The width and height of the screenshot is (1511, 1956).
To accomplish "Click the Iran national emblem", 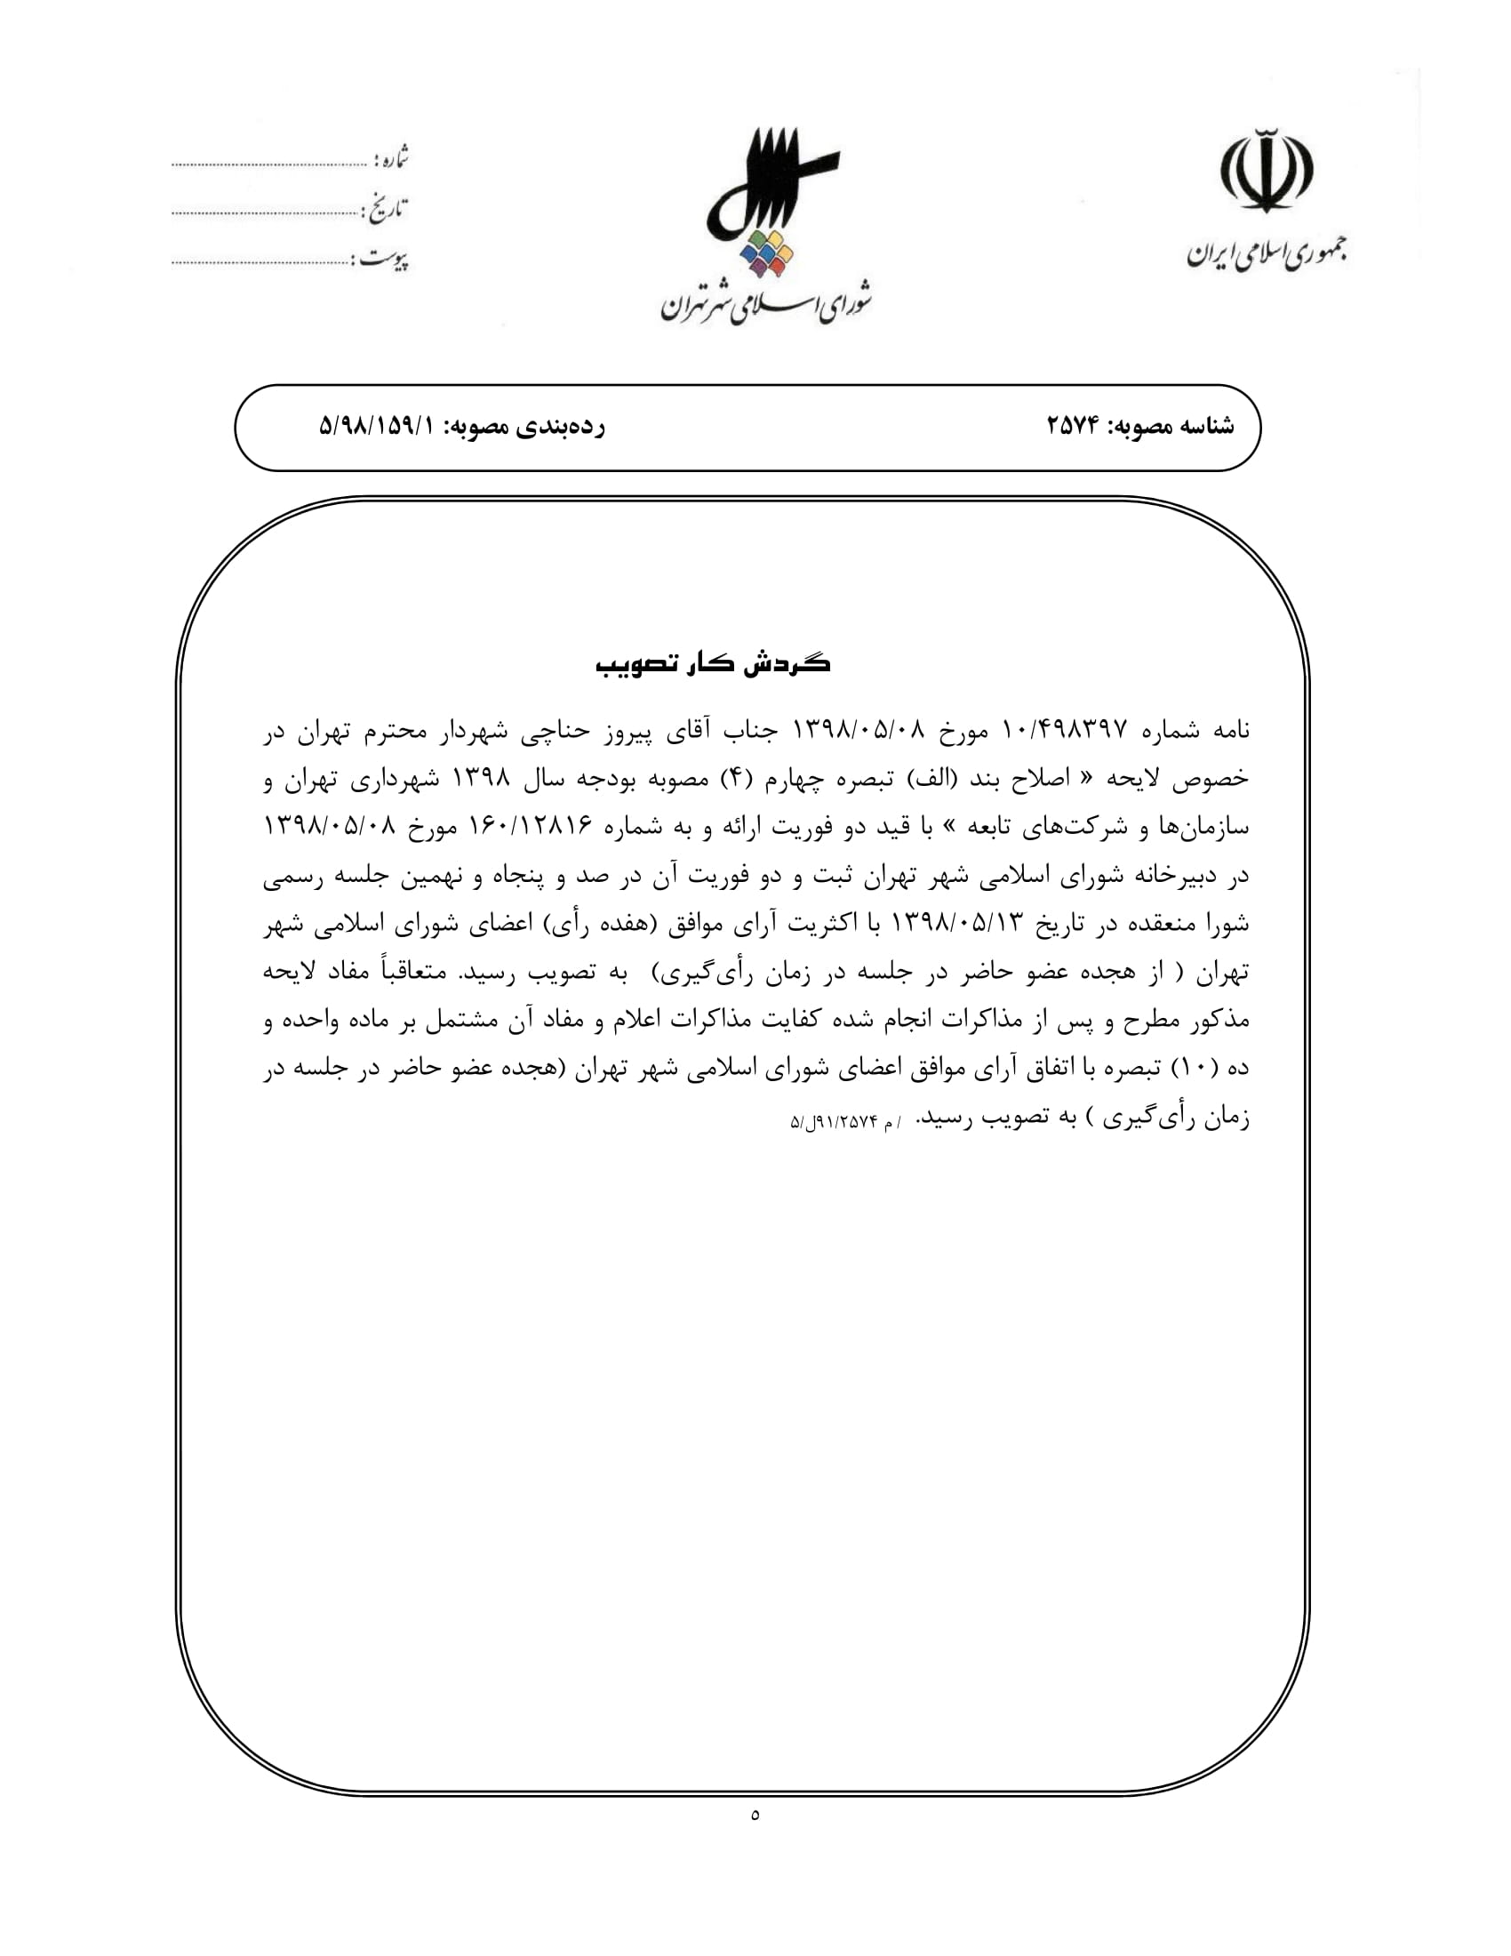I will (x=1266, y=170).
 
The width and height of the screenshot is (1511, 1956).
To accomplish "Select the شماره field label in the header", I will (x=392, y=160).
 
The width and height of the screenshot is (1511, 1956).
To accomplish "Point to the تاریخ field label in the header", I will (x=386, y=211).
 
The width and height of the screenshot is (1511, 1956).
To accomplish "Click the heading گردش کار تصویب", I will (x=714, y=663).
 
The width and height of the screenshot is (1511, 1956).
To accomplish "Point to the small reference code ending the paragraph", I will (x=845, y=1121).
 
